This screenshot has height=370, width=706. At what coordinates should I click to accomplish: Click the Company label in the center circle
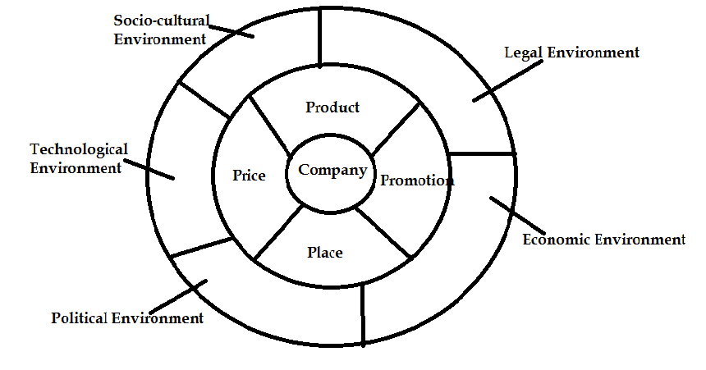tap(332, 171)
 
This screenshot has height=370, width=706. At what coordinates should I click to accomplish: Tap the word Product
tap(332, 107)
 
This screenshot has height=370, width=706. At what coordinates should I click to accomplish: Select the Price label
tap(249, 176)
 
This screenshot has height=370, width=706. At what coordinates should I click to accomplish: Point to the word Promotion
tap(416, 180)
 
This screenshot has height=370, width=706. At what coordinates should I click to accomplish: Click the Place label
tap(324, 252)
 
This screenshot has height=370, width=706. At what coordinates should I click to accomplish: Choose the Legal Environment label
tap(571, 53)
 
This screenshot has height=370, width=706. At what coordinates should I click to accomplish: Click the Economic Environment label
tap(603, 240)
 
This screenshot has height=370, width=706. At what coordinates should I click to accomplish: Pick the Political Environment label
tap(127, 317)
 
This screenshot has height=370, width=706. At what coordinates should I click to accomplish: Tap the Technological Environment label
tap(79, 158)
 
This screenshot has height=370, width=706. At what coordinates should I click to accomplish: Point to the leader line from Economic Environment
tap(517, 214)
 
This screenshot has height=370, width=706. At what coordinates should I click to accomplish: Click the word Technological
tap(79, 149)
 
